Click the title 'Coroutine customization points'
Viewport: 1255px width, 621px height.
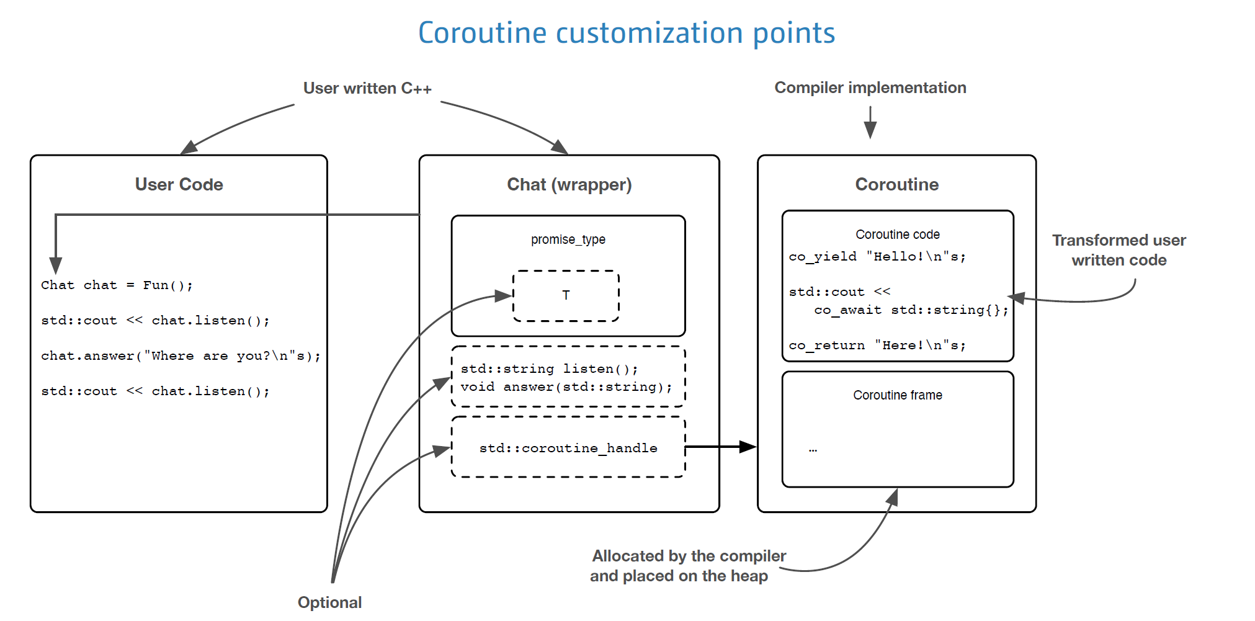point(627,33)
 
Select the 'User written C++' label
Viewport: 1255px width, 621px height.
point(367,88)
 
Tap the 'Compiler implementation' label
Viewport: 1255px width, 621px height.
point(870,87)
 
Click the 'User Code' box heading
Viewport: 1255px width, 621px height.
point(179,184)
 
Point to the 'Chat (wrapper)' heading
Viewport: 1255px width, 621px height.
point(569,184)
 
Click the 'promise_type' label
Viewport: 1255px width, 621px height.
point(568,239)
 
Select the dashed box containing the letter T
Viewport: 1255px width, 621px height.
point(566,296)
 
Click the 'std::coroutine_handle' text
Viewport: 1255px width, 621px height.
point(568,448)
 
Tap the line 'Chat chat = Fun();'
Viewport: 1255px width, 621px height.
point(117,285)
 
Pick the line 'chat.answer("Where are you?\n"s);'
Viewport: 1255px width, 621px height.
point(181,356)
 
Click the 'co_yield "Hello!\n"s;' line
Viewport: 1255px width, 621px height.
point(877,257)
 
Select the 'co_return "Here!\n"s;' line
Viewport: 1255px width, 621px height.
point(877,346)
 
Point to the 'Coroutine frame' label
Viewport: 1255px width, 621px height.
point(897,395)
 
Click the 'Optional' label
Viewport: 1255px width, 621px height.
point(329,602)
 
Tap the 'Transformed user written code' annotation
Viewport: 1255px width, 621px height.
point(1119,250)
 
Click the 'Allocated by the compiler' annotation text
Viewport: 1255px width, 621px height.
point(689,556)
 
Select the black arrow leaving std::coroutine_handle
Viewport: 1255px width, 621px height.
point(720,447)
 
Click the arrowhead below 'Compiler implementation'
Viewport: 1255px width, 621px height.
point(870,130)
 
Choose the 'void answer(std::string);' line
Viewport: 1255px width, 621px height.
point(566,387)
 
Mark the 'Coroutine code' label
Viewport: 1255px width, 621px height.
point(897,235)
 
